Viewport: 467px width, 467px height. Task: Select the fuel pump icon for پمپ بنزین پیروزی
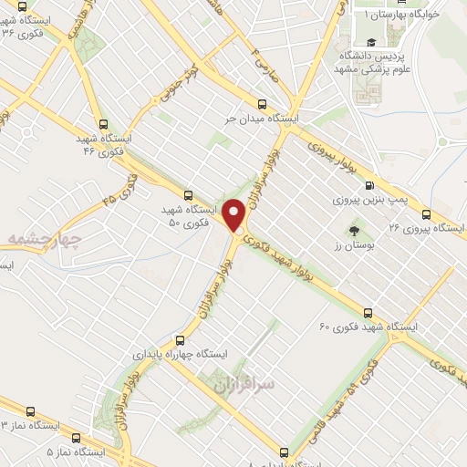pyautogui.click(x=371, y=179)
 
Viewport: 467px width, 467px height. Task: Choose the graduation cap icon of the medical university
pyautogui.click(x=371, y=43)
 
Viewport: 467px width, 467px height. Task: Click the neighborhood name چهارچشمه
pyautogui.click(x=44, y=240)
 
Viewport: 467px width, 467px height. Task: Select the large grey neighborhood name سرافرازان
pyautogui.click(x=244, y=386)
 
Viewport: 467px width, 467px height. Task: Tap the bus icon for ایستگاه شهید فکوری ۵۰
pyautogui.click(x=188, y=194)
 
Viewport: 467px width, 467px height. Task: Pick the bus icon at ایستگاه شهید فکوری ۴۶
pyautogui.click(x=102, y=125)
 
